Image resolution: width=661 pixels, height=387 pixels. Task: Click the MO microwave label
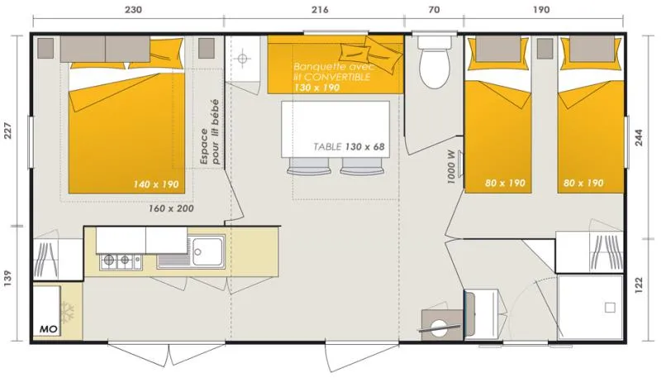point(48,330)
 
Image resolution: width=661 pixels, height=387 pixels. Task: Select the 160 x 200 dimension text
point(171,208)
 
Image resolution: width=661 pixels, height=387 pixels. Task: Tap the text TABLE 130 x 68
point(350,146)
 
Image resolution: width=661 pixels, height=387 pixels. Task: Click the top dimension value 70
point(435,11)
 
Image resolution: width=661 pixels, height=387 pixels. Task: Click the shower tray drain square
point(609,307)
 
